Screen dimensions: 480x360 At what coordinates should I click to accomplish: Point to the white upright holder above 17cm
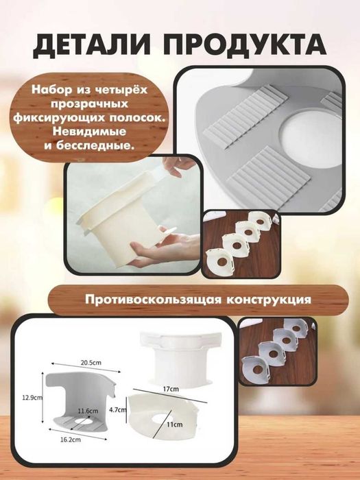[176, 357]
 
